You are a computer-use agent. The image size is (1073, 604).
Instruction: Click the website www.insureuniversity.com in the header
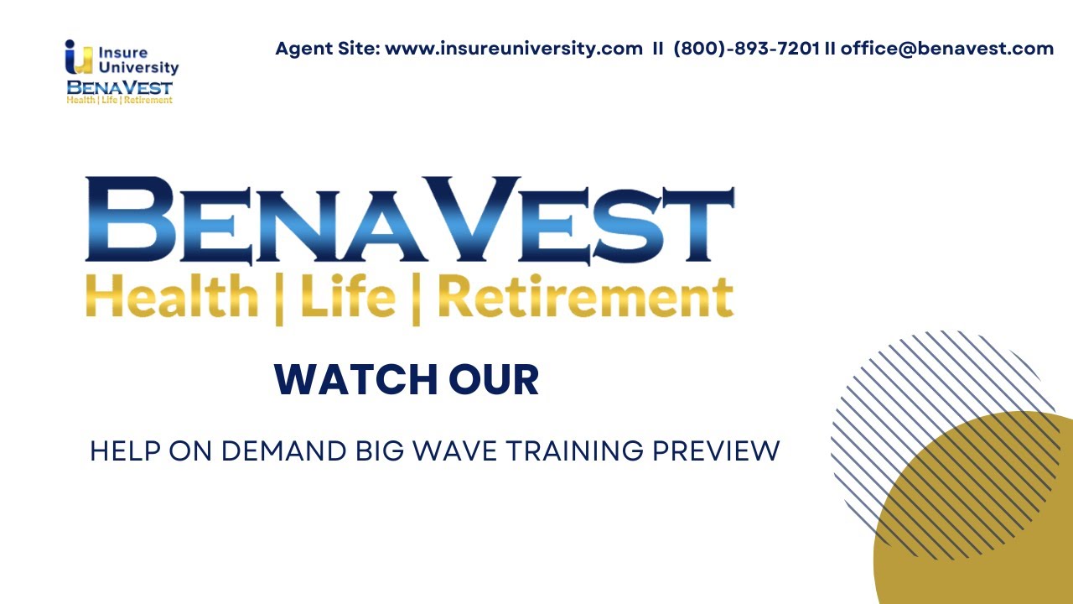coord(513,49)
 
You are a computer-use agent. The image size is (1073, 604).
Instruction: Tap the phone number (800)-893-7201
coord(746,49)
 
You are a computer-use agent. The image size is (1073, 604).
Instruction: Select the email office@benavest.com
coord(947,49)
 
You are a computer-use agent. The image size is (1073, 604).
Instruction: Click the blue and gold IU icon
coord(79,57)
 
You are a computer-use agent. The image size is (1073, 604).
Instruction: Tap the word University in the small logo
coord(138,68)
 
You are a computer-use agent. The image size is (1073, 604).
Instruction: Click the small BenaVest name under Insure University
coord(120,86)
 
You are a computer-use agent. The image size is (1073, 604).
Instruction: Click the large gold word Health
coord(172,298)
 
